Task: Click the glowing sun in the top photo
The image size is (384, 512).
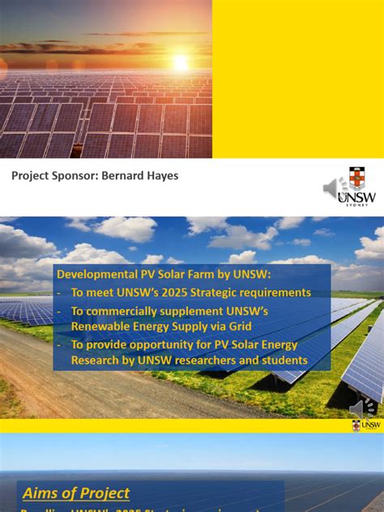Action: point(180,62)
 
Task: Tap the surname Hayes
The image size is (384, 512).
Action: point(163,175)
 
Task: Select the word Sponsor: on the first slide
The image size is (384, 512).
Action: point(75,175)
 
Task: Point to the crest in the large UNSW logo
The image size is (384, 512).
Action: point(356,178)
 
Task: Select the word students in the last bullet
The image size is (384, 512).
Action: point(280,360)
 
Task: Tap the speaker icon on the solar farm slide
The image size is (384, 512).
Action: point(361,407)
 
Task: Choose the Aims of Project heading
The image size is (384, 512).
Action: point(76,493)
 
